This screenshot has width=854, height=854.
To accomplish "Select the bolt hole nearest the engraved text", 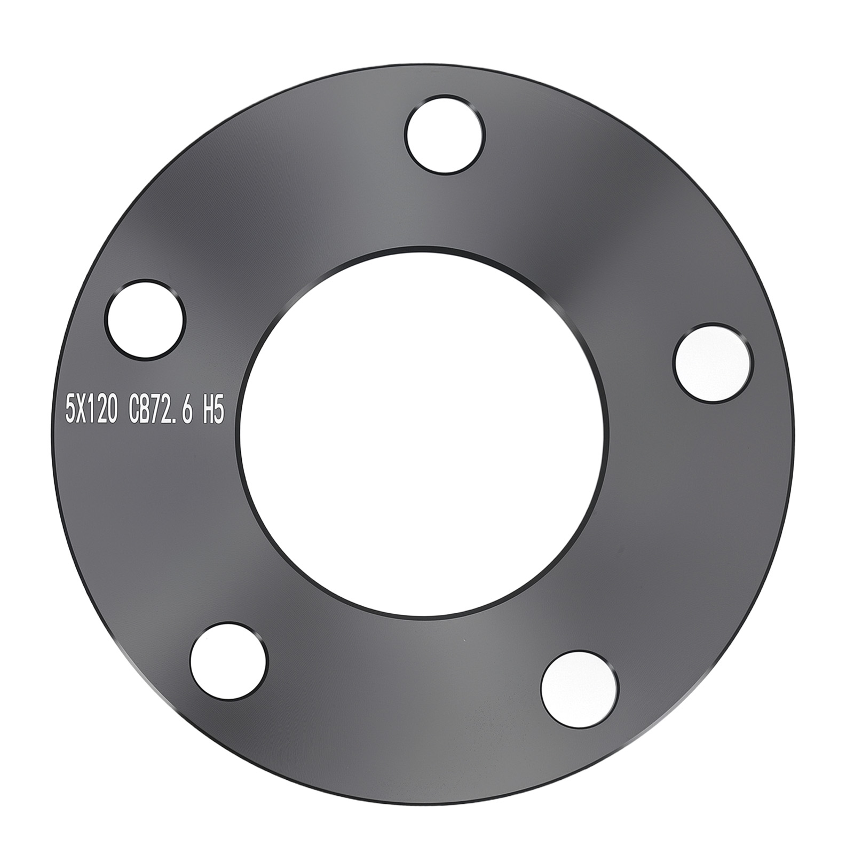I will point(145,320).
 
